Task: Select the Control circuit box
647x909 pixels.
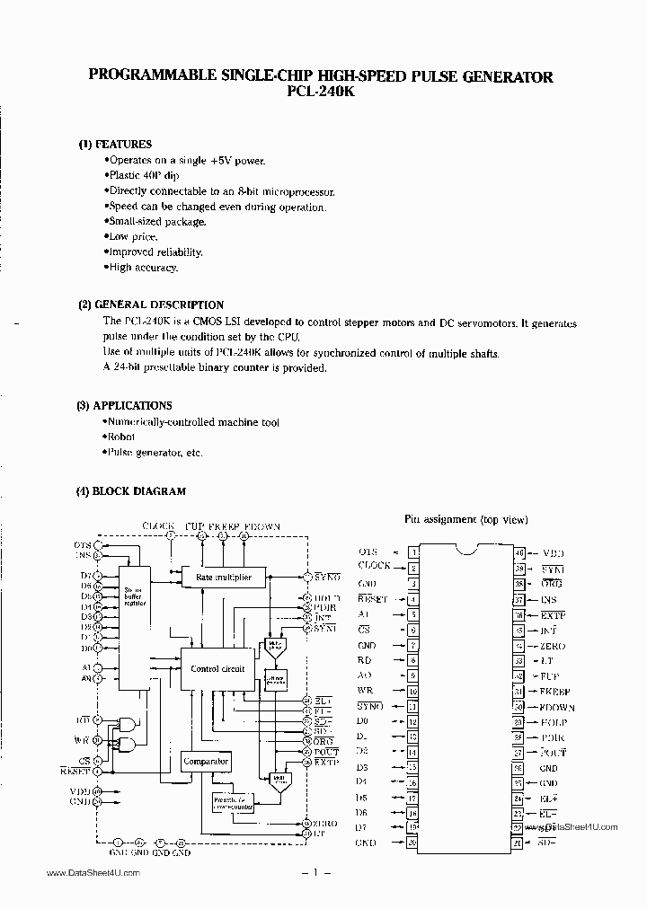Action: pyautogui.click(x=218, y=669)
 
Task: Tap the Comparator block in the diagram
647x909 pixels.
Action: pyautogui.click(x=206, y=762)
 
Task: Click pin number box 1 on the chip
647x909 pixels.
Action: pyautogui.click(x=413, y=552)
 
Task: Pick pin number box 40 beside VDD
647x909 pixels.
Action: pyautogui.click(x=519, y=552)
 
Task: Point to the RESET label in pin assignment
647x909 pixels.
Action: pyautogui.click(x=372, y=598)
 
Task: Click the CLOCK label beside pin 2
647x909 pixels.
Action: pyautogui.click(x=374, y=566)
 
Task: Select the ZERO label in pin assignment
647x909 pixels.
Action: pyautogui.click(x=552, y=646)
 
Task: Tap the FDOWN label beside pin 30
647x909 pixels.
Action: pyautogui.click(x=557, y=707)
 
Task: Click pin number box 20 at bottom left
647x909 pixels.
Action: pyautogui.click(x=413, y=843)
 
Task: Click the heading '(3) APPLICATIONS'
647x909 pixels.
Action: pyautogui.click(x=124, y=405)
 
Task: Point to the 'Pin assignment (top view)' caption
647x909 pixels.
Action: pyautogui.click(x=465, y=519)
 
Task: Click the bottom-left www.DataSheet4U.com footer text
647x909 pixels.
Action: pyautogui.click(x=93, y=874)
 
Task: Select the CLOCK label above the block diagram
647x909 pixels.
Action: pyautogui.click(x=158, y=525)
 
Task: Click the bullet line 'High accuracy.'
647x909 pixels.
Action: pyautogui.click(x=143, y=268)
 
